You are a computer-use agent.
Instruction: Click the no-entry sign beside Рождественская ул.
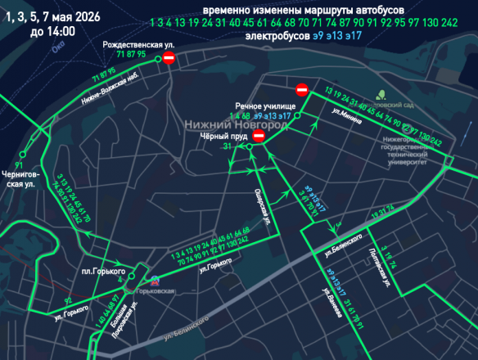168,58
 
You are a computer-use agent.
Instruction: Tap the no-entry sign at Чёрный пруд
259,137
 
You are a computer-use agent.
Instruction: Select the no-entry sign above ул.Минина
302,89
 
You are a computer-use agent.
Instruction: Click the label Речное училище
261,106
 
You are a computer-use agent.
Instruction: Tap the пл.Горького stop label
102,271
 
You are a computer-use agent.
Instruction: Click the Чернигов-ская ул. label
18,179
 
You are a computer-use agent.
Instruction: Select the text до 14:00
52,31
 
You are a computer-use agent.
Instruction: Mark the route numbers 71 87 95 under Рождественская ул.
131,53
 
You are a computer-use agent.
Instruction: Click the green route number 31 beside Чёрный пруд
227,146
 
